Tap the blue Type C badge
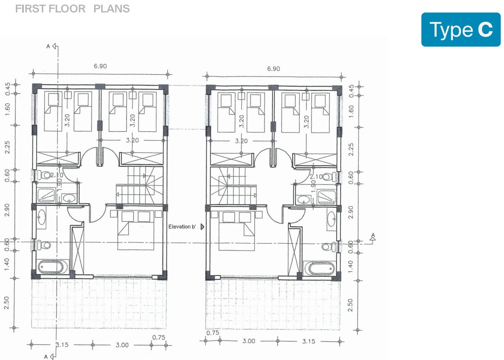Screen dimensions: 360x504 click(x=461, y=29)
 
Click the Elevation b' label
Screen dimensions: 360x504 click(x=182, y=227)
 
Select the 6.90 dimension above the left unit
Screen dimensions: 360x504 click(x=101, y=66)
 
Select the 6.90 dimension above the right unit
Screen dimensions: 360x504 click(x=274, y=69)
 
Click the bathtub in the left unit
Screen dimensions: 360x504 click(x=52, y=267)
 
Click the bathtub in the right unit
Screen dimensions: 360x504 click(x=320, y=267)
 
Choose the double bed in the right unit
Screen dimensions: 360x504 click(x=236, y=230)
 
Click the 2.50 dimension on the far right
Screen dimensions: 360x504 click(x=351, y=305)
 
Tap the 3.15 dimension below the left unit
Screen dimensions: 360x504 click(x=62, y=345)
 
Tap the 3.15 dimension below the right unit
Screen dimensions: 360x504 click(x=309, y=341)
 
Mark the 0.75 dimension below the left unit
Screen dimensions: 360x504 click(x=159, y=337)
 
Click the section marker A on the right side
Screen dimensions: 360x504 click(x=373, y=237)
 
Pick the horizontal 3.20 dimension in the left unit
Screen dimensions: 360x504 click(x=132, y=140)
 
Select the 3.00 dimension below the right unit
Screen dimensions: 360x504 click(x=248, y=341)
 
